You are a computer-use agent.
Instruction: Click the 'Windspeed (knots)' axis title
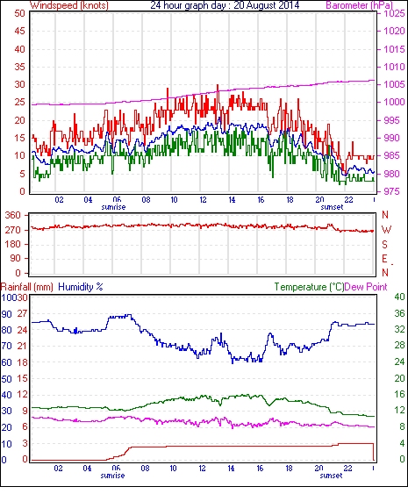coord(69,5)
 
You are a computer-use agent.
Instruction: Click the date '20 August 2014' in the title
coord(267,5)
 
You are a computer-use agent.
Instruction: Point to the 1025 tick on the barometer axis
coord(394,13)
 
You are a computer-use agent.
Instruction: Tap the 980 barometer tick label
coord(392,174)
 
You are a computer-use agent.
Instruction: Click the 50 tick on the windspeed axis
coord(19,13)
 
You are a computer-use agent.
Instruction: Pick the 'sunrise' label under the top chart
coord(113,207)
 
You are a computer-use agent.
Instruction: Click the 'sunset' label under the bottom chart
coord(331,476)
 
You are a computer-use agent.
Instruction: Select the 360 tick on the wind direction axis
coord(13,216)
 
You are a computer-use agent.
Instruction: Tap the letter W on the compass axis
coord(386,230)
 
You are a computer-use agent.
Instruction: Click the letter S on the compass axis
coord(384,244)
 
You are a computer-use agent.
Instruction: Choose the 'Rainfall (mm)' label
coord(27,287)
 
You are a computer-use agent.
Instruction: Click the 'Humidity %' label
coord(81,287)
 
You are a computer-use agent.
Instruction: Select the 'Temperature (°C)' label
coord(309,287)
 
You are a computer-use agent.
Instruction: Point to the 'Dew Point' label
coord(366,287)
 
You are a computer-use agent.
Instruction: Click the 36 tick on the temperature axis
coord(399,313)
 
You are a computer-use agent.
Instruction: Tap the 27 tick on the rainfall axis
coord(22,313)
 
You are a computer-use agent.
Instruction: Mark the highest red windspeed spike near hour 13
coord(218,85)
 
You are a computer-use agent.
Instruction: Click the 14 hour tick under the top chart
coord(232,200)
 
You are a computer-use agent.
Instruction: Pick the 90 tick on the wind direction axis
coord(16,259)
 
